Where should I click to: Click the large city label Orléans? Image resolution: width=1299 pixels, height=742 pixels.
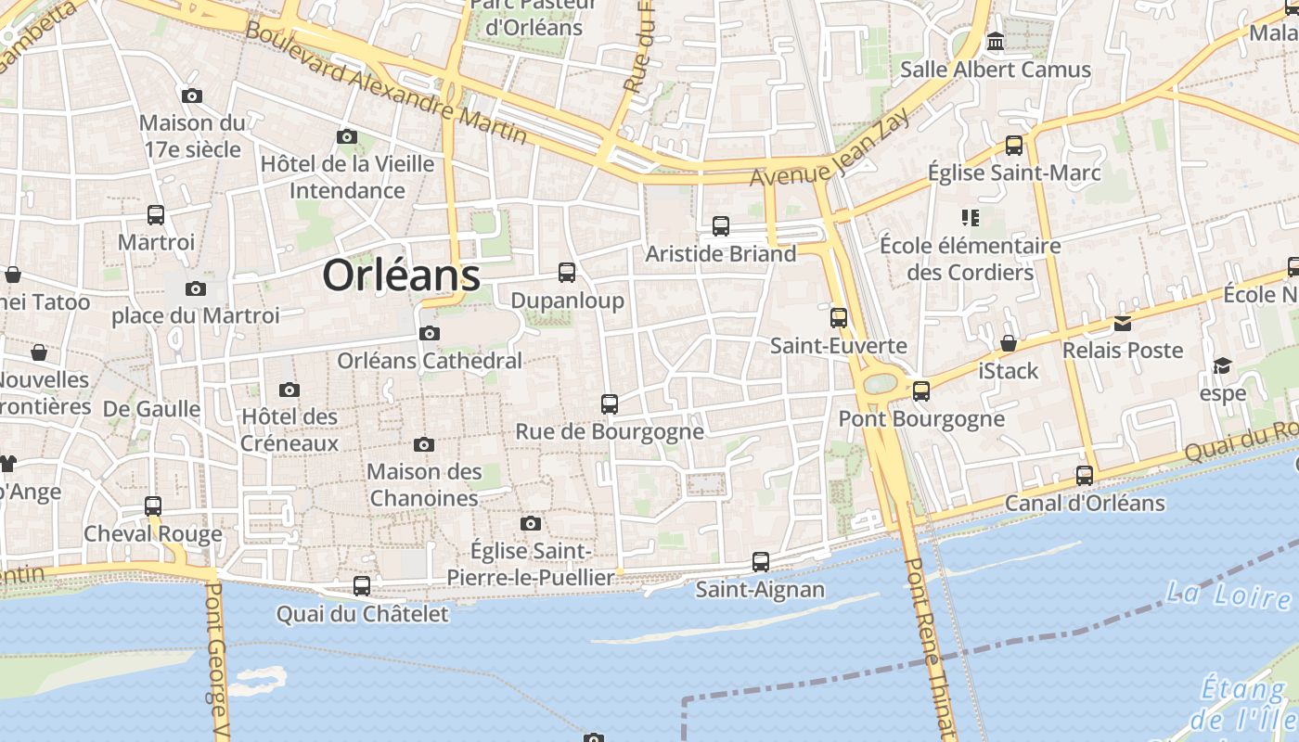[401, 275]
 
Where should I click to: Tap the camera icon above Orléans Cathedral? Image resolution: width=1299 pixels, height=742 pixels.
[430, 333]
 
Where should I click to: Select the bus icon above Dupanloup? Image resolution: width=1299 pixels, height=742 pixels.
[567, 273]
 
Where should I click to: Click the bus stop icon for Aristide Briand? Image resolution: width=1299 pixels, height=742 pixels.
[721, 225]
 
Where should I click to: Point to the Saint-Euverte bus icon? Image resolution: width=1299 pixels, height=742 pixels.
[839, 318]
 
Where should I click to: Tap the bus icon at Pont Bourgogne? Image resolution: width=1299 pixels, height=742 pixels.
[921, 390]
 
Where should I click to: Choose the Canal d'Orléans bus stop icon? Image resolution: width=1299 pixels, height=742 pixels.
[1085, 476]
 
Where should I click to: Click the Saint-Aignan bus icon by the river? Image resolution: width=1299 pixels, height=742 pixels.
[761, 561]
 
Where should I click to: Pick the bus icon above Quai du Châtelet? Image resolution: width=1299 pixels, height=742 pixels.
[362, 586]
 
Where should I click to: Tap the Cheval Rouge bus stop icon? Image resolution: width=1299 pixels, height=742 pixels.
[153, 506]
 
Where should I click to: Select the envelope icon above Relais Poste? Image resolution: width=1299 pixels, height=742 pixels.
[1123, 323]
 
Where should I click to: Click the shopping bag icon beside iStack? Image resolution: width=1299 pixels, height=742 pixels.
[1009, 343]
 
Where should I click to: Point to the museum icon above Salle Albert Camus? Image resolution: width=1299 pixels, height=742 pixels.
[996, 42]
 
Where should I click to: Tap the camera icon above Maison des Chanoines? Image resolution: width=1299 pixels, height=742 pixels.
[424, 445]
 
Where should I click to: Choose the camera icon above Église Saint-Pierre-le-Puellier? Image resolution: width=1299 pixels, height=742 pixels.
[531, 524]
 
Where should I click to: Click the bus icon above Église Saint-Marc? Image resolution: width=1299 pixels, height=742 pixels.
[1014, 146]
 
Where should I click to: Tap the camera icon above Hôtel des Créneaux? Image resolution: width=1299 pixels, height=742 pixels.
[289, 390]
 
